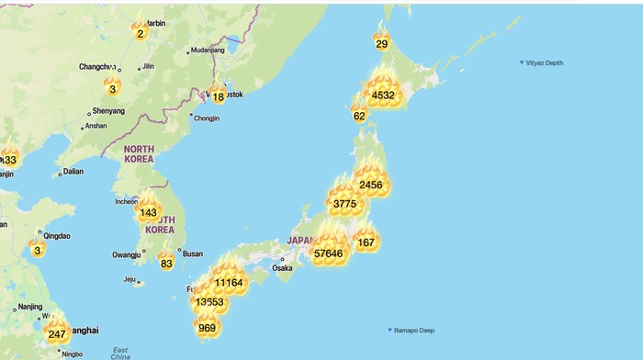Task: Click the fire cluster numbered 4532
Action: tap(383, 94)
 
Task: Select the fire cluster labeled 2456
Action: tap(370, 185)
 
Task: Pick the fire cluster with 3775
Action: tap(344, 203)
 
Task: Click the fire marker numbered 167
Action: tap(367, 242)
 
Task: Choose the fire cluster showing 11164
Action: tap(228, 282)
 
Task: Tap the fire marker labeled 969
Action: tap(207, 326)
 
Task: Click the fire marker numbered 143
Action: tap(148, 212)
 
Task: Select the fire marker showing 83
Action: tap(166, 263)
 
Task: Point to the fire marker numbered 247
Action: tap(57, 333)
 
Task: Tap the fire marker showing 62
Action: tap(359, 116)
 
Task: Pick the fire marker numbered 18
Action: tap(218, 96)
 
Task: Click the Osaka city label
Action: tap(281, 268)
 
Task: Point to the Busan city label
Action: tap(192, 253)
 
